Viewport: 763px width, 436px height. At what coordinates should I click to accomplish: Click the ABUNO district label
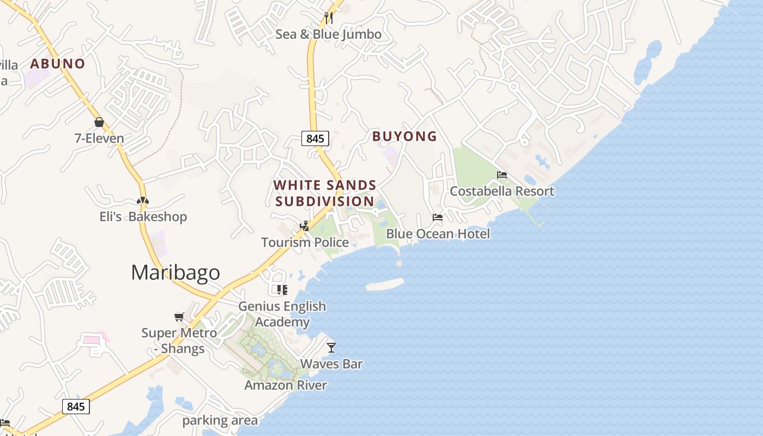pos(58,63)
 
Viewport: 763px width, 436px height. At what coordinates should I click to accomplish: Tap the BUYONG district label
pos(404,136)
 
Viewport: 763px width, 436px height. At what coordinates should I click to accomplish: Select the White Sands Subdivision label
pos(325,193)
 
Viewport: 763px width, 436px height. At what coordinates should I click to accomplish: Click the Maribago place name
pos(175,272)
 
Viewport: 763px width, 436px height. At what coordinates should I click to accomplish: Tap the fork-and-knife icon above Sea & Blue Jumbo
pos(328,17)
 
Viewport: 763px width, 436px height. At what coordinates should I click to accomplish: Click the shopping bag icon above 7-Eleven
pos(99,122)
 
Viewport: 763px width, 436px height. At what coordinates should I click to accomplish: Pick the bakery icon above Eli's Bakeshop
pos(143,201)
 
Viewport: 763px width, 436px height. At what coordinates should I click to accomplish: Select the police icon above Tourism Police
pos(305,226)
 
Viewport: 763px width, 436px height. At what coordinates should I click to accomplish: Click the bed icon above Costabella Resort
pos(502,174)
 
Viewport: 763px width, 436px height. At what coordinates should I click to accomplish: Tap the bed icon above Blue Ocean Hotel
pos(438,217)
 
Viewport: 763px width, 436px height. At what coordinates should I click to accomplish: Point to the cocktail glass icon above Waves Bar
pos(331,347)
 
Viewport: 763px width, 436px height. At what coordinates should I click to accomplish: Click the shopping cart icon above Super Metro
pos(179,317)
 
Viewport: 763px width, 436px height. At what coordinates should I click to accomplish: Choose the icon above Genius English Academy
pos(282,289)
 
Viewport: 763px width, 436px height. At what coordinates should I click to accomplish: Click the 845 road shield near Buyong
pos(315,138)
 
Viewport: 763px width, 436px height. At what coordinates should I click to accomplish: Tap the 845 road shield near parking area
pos(76,407)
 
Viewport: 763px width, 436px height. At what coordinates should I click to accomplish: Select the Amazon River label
pos(286,385)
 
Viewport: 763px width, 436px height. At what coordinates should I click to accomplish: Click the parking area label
pos(220,420)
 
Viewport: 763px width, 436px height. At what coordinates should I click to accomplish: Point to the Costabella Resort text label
pos(502,191)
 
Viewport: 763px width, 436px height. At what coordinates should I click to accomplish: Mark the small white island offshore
pos(385,284)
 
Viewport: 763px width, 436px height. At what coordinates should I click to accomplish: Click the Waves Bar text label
pos(331,364)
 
